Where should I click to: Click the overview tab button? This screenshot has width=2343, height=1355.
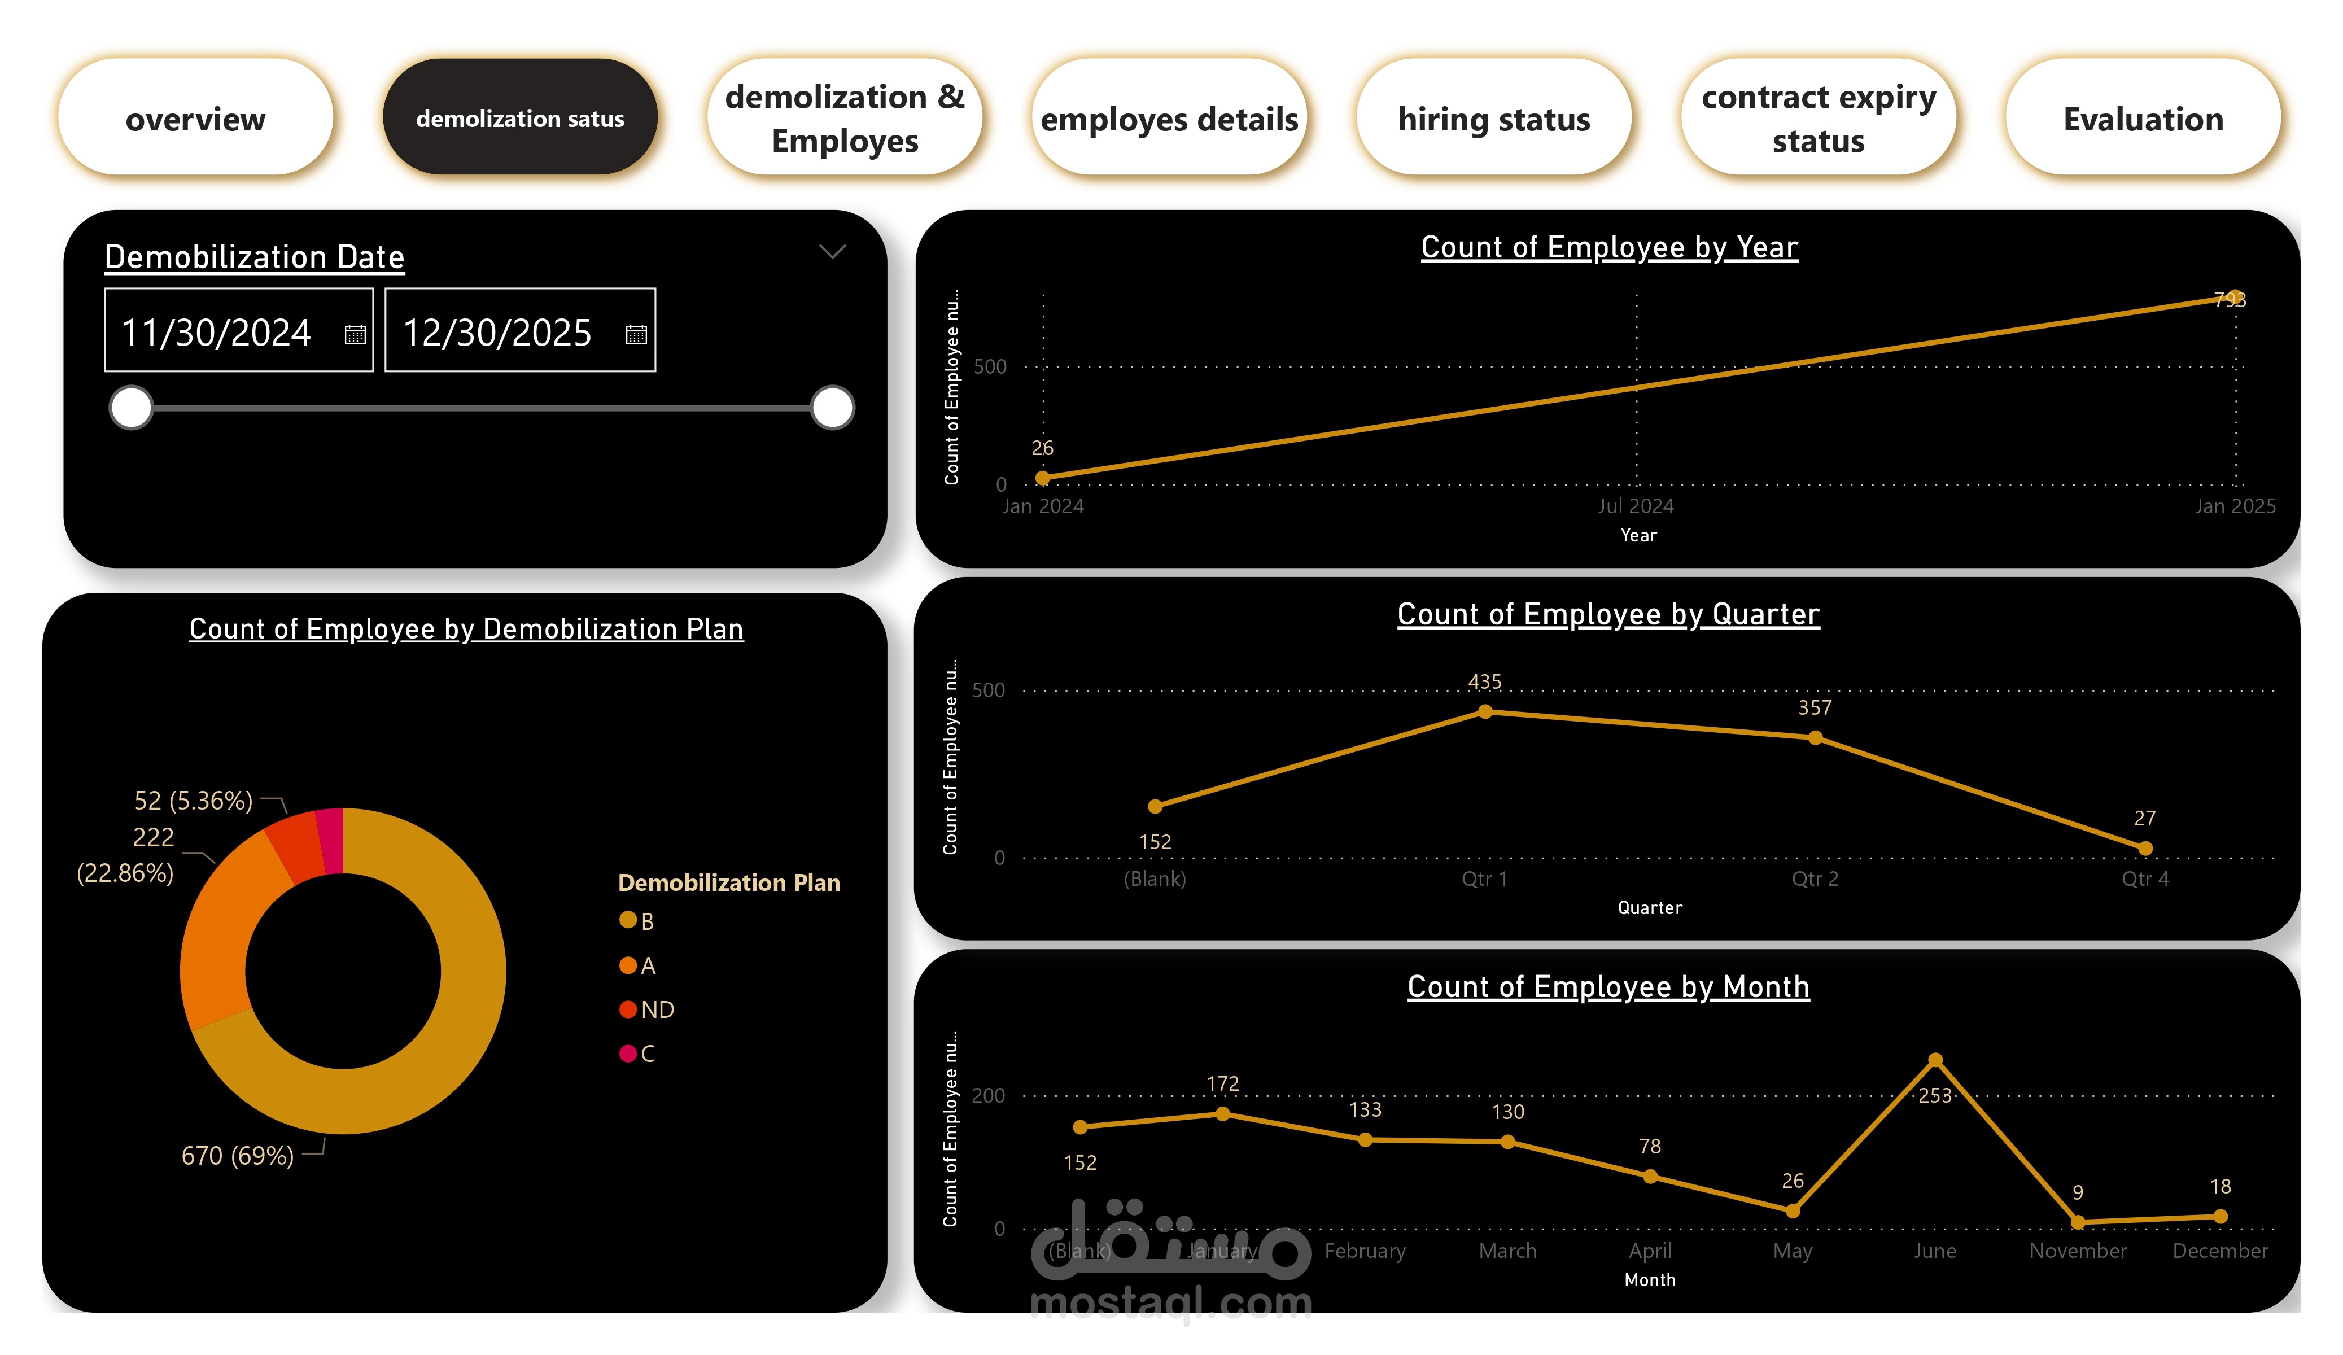[195, 118]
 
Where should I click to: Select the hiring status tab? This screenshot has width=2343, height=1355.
[1493, 118]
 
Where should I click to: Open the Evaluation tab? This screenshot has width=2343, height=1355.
[2142, 118]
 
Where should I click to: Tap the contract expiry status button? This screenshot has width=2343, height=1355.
[1818, 118]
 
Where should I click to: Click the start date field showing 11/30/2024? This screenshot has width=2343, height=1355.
[217, 332]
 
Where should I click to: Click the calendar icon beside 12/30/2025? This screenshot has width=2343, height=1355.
[636, 334]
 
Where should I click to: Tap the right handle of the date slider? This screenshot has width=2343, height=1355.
[832, 407]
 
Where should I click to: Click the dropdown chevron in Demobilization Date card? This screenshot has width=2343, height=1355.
[832, 251]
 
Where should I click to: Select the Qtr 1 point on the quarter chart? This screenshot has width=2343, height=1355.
[1485, 711]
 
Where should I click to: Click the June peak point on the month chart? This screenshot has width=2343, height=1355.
[1935, 1060]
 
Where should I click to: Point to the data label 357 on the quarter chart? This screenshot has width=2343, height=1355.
[1814, 708]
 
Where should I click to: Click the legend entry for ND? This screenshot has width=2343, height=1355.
[657, 1009]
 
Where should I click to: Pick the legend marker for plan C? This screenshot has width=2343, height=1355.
[628, 1053]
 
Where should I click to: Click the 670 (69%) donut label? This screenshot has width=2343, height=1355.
[237, 1155]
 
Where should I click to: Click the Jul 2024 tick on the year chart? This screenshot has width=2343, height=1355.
[1636, 506]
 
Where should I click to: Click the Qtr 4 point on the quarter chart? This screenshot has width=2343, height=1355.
[2145, 848]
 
